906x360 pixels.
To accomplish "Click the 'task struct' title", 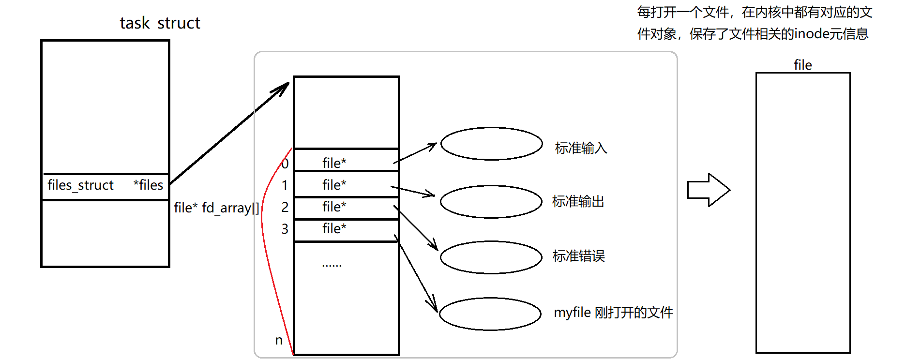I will (160, 23).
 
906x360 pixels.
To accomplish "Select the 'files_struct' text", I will (80, 185).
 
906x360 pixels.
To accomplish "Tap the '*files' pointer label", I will (148, 185).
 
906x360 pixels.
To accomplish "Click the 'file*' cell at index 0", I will (334, 163).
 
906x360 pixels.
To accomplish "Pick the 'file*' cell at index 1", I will (334, 185).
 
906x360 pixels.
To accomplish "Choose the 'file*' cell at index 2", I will (334, 207).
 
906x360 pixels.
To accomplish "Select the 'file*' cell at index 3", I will (334, 228).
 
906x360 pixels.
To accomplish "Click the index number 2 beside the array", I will (285, 207).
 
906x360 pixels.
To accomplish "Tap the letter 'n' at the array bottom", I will (279, 340).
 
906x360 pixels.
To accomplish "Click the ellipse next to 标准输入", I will (491, 144).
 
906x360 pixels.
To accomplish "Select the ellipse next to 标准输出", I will (491, 202).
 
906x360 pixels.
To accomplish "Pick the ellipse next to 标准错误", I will (491, 257).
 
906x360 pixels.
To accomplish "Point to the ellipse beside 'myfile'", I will (490, 314).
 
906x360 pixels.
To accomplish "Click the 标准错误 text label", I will (579, 256).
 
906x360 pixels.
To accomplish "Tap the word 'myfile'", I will (572, 313).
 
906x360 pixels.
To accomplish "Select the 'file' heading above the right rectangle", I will (803, 65).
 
